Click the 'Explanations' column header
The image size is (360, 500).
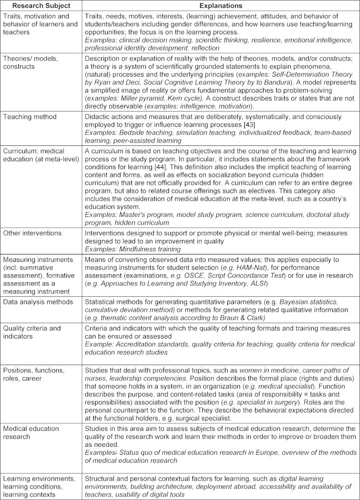[x=221, y=6]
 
